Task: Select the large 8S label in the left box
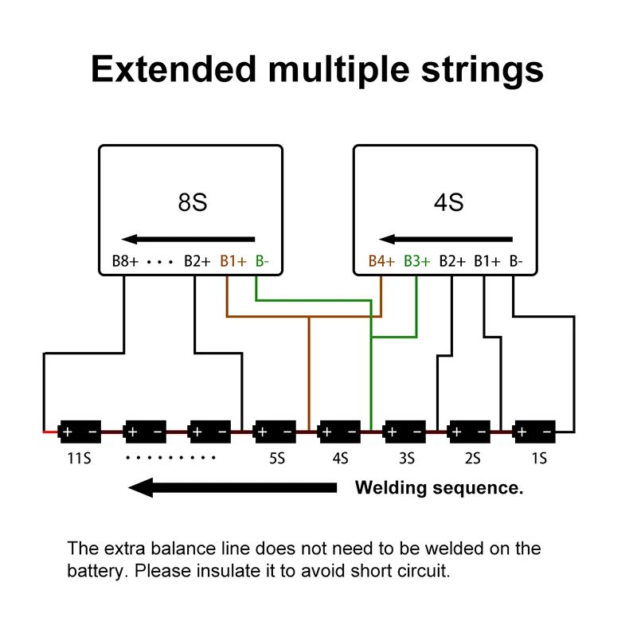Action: click(192, 202)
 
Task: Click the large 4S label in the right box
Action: click(448, 202)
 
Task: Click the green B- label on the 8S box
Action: click(261, 261)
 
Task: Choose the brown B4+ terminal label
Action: click(381, 261)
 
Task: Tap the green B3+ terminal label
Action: click(416, 261)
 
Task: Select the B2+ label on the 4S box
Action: click(452, 261)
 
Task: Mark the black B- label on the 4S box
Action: click(516, 261)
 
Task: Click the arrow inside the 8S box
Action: click(188, 238)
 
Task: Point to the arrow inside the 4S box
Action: click(446, 238)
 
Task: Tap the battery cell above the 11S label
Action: click(80, 432)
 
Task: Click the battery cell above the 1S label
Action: click(534, 432)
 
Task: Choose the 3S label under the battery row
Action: click(406, 459)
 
